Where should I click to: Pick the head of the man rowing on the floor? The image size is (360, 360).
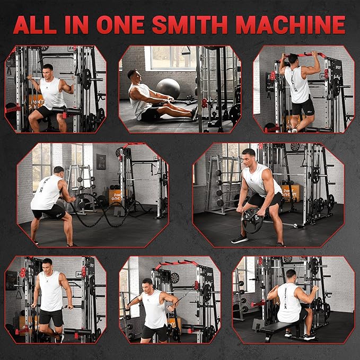coord(133,75)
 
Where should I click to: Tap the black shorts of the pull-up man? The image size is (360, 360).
coord(303,106)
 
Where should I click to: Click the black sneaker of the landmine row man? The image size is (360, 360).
coord(240,239)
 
